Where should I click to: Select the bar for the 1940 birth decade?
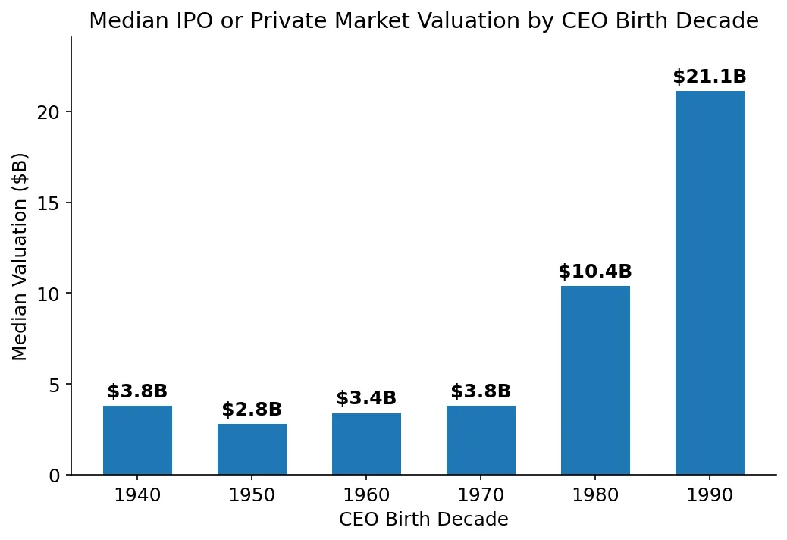coord(137,441)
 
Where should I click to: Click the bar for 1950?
coord(252,450)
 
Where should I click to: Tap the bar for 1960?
coord(366,444)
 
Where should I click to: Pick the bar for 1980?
coord(595,381)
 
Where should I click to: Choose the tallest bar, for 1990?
coord(710,283)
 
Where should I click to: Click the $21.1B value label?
coord(710,77)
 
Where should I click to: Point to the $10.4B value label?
coord(595,272)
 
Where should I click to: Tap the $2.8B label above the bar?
coord(252,410)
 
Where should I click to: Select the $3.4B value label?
coord(366,398)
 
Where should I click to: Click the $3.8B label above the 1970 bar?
coord(481,391)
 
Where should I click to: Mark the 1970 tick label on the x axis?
coord(481,496)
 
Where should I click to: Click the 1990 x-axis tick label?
coord(710,496)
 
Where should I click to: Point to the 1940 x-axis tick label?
coord(137,496)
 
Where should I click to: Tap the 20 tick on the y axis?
coord(49,112)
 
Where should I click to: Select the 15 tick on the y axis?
coord(49,203)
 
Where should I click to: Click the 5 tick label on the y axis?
coord(53,385)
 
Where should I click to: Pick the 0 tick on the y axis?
coord(53,476)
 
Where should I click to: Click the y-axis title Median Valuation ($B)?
coord(20,256)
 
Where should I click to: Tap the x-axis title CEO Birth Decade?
coord(423,520)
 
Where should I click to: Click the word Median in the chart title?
coord(122,21)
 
